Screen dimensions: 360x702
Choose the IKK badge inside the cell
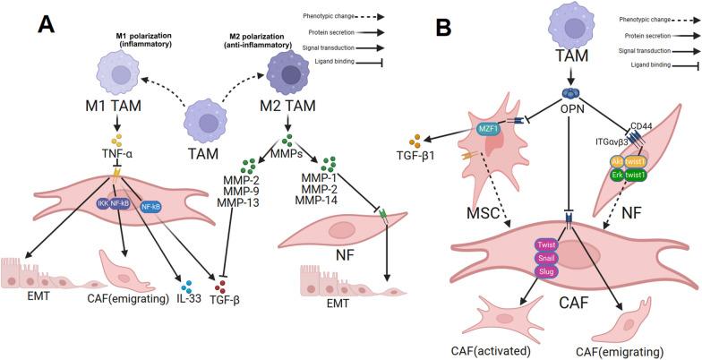click(105, 204)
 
